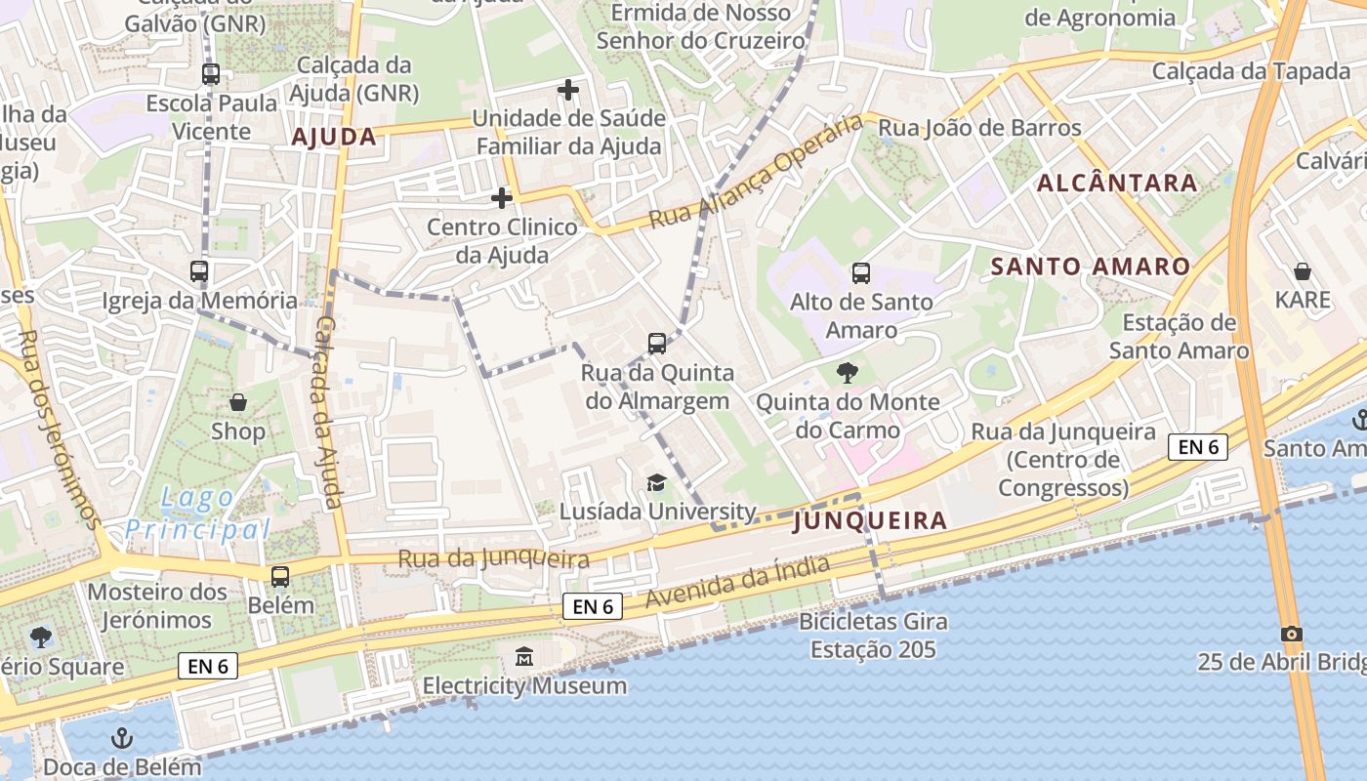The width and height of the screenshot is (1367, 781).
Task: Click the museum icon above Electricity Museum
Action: pyautogui.click(x=524, y=656)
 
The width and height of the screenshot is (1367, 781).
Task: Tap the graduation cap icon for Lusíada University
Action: pyautogui.click(x=656, y=482)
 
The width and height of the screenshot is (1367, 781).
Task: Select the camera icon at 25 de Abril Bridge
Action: pyautogui.click(x=1292, y=634)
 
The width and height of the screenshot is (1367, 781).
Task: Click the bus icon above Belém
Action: pyautogui.click(x=280, y=576)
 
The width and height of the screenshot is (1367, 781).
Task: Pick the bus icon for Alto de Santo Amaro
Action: pyautogui.click(x=860, y=272)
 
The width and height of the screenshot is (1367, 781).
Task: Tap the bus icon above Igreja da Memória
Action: pyautogui.click(x=199, y=271)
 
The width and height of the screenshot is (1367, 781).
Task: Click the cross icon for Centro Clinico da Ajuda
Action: pyautogui.click(x=501, y=198)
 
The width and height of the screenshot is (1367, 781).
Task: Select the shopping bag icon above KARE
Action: pyautogui.click(x=1302, y=270)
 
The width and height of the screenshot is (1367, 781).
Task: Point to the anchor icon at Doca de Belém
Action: pyautogui.click(x=122, y=737)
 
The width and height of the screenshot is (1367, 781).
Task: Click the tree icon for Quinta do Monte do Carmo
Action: pyautogui.click(x=848, y=372)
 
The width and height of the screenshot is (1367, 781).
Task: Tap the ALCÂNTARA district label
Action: pyautogui.click(x=1117, y=183)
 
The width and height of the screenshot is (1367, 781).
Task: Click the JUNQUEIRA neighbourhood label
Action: pyautogui.click(x=870, y=521)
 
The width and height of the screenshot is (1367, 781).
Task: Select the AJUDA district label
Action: pyautogui.click(x=334, y=137)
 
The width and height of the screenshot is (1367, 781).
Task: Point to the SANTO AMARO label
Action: pyautogui.click(x=1091, y=267)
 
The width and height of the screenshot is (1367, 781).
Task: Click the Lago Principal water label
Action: pyautogui.click(x=198, y=514)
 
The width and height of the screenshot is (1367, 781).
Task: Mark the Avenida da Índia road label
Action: pyautogui.click(x=738, y=583)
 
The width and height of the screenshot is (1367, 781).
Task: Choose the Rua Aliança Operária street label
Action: pyautogui.click(x=757, y=171)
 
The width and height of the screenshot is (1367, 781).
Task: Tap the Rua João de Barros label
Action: pyautogui.click(x=979, y=128)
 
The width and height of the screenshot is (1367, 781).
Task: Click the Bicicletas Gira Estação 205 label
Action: pyautogui.click(x=873, y=636)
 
